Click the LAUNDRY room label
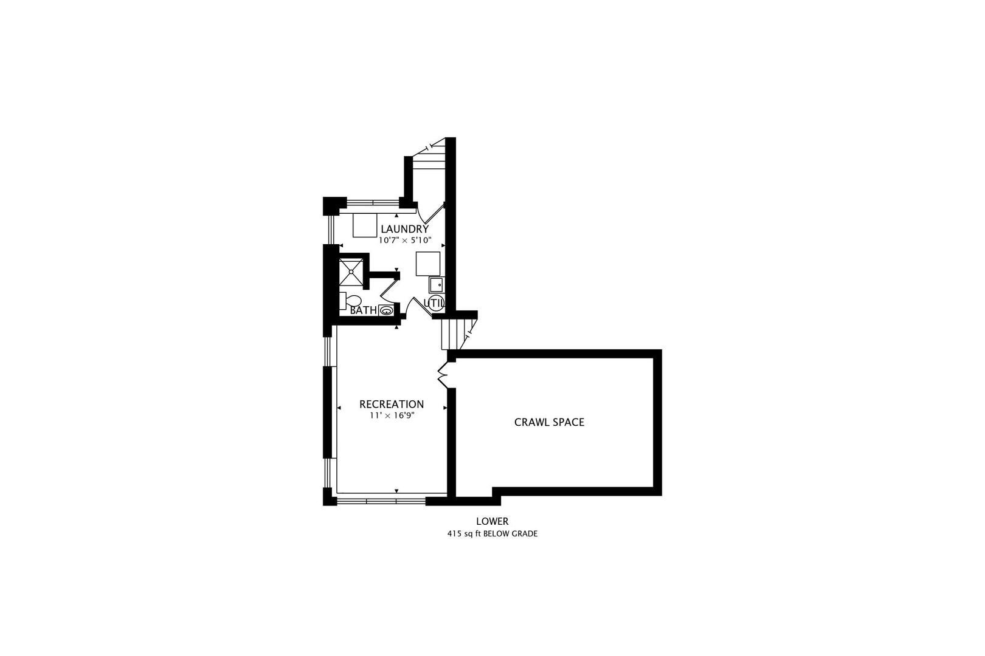point(404,229)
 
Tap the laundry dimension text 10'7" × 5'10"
point(405,240)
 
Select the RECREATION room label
point(392,405)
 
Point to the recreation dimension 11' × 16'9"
point(392,415)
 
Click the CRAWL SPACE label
point(549,422)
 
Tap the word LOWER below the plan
point(492,521)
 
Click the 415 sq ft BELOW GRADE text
point(492,534)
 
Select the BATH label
point(364,310)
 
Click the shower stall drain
point(351,272)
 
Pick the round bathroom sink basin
point(385,311)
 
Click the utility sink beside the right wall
point(437,285)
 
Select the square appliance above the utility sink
point(428,264)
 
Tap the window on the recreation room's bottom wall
point(381,501)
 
